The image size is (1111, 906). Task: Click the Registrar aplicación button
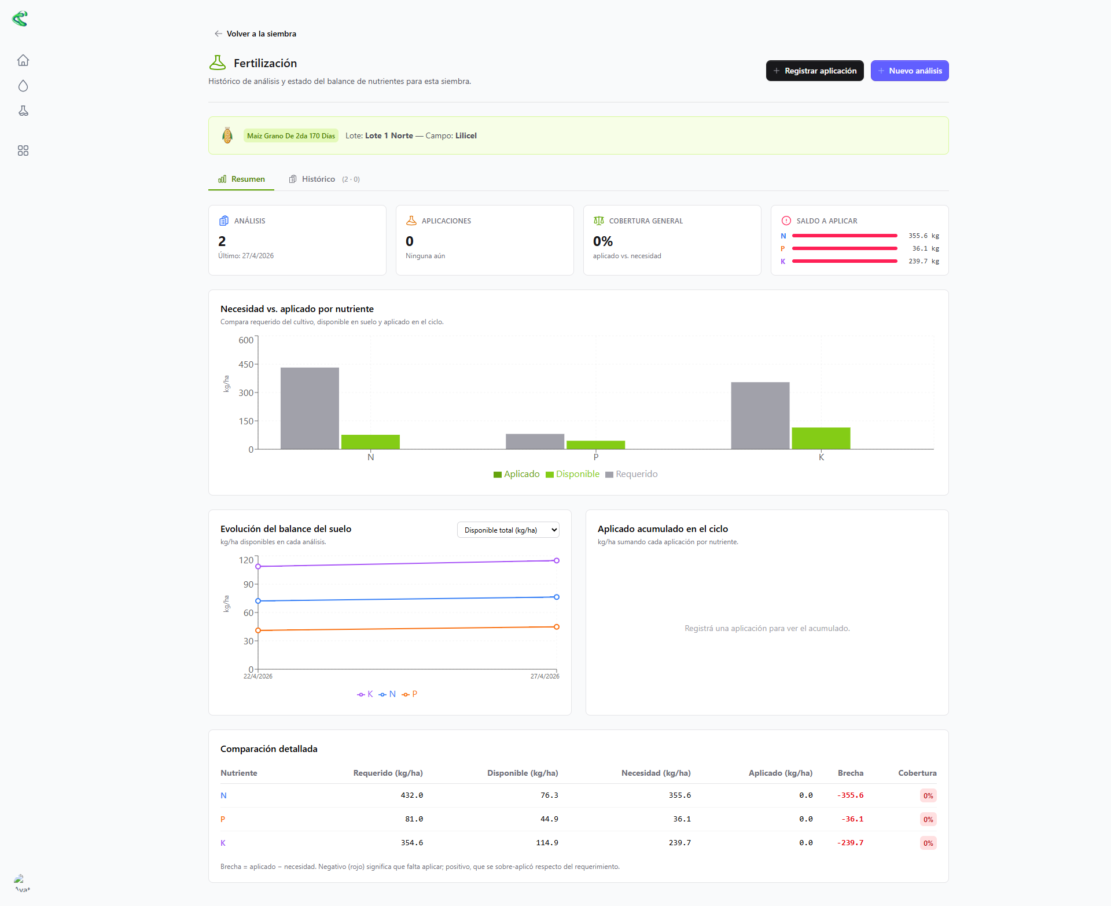pyautogui.click(x=815, y=71)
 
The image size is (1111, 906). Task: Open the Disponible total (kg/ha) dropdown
pyautogui.click(x=508, y=530)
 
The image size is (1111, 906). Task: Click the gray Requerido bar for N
pyautogui.click(x=310, y=408)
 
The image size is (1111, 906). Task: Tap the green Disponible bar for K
pyautogui.click(x=821, y=438)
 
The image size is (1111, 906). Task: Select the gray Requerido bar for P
pyautogui.click(x=535, y=441)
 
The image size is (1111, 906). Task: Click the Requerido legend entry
pyautogui.click(x=631, y=474)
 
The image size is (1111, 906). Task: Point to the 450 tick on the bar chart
pyautogui.click(x=246, y=364)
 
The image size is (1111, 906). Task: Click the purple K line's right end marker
pyautogui.click(x=557, y=560)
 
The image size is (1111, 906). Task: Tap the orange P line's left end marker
pyautogui.click(x=258, y=630)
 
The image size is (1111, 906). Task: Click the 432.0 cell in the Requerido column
pyautogui.click(x=412, y=795)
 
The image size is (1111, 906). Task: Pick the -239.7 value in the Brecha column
pyautogui.click(x=850, y=843)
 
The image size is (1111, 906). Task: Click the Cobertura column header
pyautogui.click(x=917, y=773)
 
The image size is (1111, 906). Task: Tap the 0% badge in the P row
pyautogui.click(x=928, y=819)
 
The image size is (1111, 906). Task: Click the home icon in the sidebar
pyautogui.click(x=23, y=60)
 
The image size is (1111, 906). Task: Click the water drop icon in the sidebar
pyautogui.click(x=23, y=86)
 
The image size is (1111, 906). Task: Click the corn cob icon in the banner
pyautogui.click(x=227, y=135)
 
